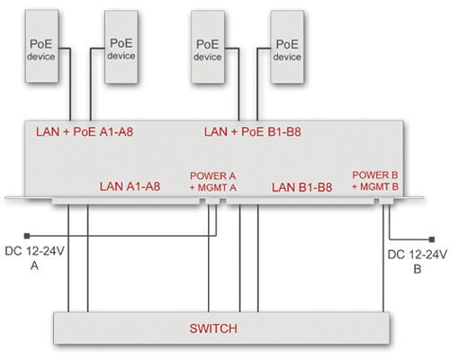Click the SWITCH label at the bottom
click(x=213, y=328)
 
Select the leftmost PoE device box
click(x=41, y=46)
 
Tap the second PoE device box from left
click(x=121, y=47)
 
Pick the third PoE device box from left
click(x=208, y=47)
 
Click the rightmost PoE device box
click(x=287, y=47)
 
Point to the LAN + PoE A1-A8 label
click(x=85, y=132)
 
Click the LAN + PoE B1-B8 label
click(x=253, y=132)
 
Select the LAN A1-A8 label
click(x=130, y=186)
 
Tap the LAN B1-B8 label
click(x=302, y=187)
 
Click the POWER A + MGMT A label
click(x=213, y=182)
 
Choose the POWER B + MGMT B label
click(x=375, y=181)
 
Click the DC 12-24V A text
click(x=34, y=258)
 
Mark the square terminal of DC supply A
click(x=27, y=236)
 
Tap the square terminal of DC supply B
click(x=432, y=239)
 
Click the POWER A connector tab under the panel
click(x=212, y=201)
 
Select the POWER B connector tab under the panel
click(x=386, y=201)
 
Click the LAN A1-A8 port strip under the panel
click(x=126, y=201)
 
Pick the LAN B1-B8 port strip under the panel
click(x=301, y=201)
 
